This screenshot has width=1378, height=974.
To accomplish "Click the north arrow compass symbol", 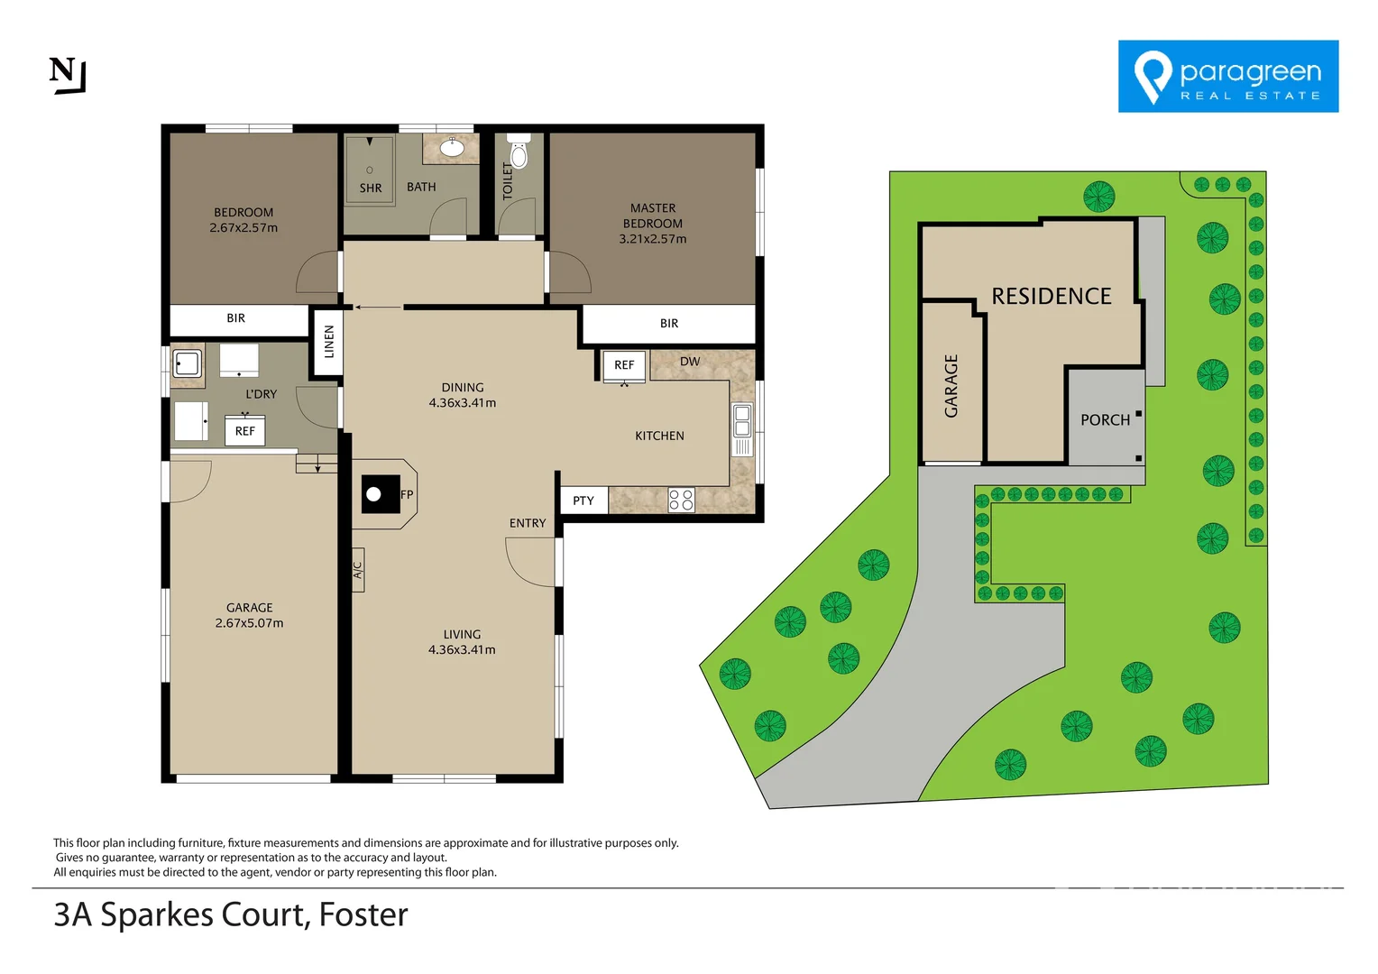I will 67,75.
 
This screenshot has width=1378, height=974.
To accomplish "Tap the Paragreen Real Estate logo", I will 1227,77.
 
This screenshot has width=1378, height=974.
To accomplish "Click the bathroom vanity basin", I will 452,148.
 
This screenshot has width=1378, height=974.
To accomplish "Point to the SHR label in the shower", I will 370,188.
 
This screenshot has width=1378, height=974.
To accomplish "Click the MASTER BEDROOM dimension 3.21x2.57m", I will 652,239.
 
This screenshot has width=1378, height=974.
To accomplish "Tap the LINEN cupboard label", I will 329,342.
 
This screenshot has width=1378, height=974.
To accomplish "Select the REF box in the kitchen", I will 624,365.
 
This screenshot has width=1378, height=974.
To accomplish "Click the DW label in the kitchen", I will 690,362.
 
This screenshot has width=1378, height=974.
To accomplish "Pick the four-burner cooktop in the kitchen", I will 682,501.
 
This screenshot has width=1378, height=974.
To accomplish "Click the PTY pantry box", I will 583,501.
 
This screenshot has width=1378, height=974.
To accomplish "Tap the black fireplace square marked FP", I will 380,494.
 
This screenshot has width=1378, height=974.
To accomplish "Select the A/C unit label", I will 357,570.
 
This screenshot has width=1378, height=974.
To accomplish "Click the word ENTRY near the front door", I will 528,523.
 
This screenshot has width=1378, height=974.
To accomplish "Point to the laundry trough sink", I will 188,364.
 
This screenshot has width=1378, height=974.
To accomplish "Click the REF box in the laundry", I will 244,431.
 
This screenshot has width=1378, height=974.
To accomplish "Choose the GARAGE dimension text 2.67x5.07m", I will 249,623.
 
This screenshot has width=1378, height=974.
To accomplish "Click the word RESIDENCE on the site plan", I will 1052,296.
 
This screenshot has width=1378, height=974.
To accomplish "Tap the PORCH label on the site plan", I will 1105,420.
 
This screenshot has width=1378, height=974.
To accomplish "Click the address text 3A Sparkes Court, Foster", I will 231,914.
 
